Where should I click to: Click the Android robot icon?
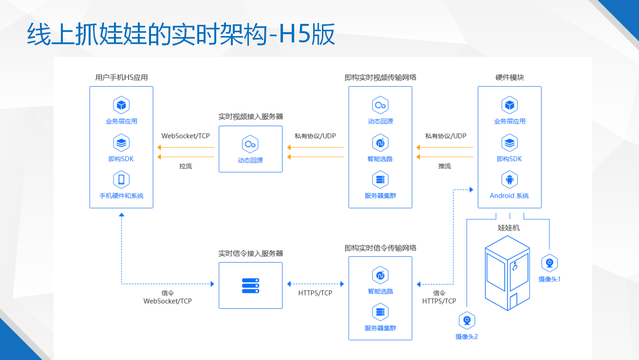tap(509, 180)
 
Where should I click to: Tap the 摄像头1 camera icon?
tap(549, 263)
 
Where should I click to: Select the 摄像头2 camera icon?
tap(467, 321)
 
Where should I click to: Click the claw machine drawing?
tap(507, 273)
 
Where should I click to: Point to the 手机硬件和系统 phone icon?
tap(121, 180)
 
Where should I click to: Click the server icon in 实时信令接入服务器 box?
tap(250, 285)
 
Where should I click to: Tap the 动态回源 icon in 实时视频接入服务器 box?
tap(250, 144)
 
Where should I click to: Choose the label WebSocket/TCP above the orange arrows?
tap(186, 136)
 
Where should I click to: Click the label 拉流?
tap(186, 166)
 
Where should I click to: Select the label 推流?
tap(445, 166)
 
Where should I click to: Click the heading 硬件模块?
tap(509, 77)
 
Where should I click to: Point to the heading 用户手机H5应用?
tap(121, 77)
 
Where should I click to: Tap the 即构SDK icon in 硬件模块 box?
tap(509, 143)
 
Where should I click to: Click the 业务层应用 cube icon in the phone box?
tap(121, 105)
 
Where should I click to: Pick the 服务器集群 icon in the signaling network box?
tap(380, 312)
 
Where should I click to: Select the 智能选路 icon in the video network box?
tap(380, 143)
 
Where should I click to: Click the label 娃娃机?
tap(508, 227)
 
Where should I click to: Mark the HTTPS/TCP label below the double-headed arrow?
tap(315, 293)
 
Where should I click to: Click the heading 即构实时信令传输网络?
tap(380, 248)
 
